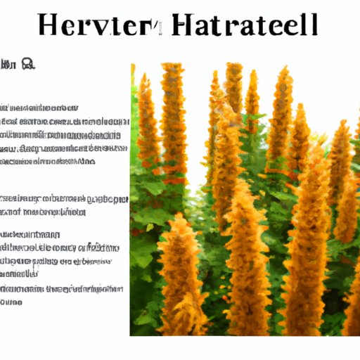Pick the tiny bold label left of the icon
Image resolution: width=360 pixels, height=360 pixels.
click(9, 65)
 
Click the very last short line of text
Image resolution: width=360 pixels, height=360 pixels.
click(12, 301)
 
